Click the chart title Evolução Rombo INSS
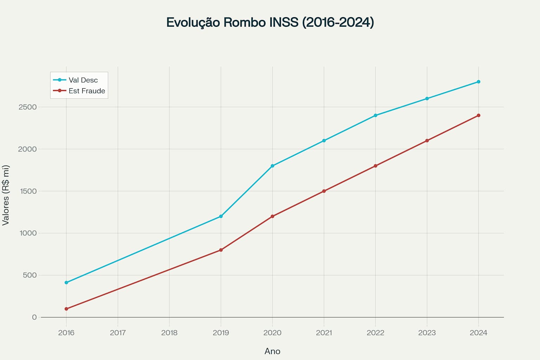click(x=270, y=22)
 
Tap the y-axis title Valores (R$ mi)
click(x=6, y=195)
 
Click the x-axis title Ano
click(x=272, y=351)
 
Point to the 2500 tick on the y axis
click(x=27, y=107)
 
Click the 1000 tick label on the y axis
click(x=27, y=233)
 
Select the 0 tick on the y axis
click(x=34, y=317)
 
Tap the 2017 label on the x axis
click(x=118, y=333)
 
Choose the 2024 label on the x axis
click(x=478, y=333)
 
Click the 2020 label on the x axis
click(x=272, y=333)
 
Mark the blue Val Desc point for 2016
click(x=66, y=283)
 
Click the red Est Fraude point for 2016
click(x=66, y=309)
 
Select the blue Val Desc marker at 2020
click(x=272, y=166)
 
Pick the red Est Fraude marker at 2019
click(x=221, y=250)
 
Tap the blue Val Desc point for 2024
click(x=478, y=82)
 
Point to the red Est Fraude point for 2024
click(x=478, y=115)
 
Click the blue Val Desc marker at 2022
click(x=375, y=115)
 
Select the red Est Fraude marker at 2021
click(x=324, y=191)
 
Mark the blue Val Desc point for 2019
click(x=221, y=216)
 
